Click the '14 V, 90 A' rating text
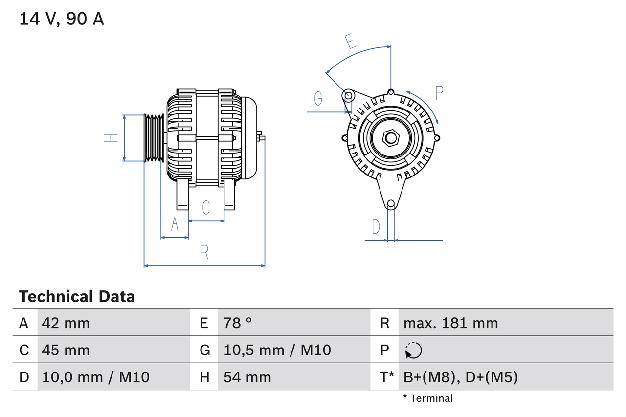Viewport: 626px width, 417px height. tap(62, 19)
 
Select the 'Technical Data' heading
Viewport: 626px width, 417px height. tap(77, 296)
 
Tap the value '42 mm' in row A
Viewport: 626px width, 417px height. tap(66, 323)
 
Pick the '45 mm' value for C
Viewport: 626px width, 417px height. tap(66, 350)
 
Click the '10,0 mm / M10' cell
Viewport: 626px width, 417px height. tap(96, 377)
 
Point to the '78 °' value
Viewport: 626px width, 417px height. tap(238, 323)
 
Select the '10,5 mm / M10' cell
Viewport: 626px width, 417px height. tap(277, 350)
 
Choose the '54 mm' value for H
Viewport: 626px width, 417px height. tap(247, 377)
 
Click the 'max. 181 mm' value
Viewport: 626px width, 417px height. tap(450, 323)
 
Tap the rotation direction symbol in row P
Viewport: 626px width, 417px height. tap(413, 350)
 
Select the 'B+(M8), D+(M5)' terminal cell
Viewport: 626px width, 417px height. tap(460, 377)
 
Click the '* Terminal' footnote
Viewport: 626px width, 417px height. tap(428, 398)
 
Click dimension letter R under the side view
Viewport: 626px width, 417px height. tap(204, 252)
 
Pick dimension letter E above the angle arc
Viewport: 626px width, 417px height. tap(350, 42)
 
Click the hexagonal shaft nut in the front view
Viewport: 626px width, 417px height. tap(390, 138)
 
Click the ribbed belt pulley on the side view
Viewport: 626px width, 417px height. tap(154, 138)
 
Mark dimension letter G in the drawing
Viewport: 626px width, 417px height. tap(318, 99)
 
